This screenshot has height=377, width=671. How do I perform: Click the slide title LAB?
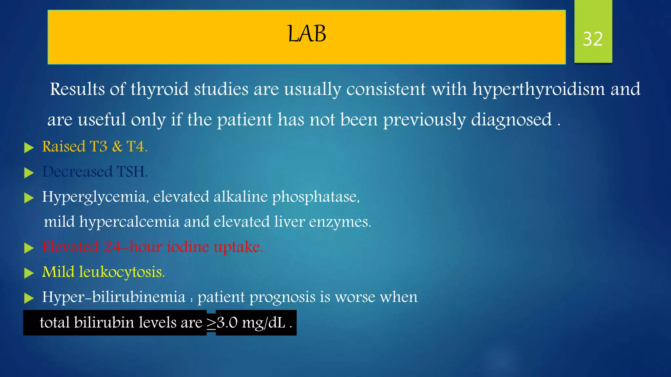(307, 34)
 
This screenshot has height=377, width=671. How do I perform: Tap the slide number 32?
(593, 39)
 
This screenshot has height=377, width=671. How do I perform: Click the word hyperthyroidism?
(538, 89)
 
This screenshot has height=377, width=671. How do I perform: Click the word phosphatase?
(316, 197)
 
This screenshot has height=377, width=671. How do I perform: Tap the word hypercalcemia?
(129, 222)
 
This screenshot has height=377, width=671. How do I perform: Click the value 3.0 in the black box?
(227, 323)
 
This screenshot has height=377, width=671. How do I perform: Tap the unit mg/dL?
(264, 323)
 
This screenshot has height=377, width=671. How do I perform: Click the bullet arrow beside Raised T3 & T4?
(29, 148)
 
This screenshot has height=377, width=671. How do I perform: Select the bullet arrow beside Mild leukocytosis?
(29, 273)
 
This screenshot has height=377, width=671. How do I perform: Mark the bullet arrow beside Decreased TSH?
(29, 173)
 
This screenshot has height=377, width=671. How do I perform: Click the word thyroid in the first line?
(160, 89)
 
